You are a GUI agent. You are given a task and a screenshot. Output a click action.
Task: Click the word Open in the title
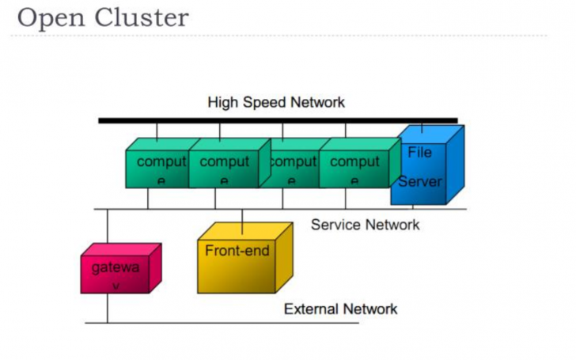49,17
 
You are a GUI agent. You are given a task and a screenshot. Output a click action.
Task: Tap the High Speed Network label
275,103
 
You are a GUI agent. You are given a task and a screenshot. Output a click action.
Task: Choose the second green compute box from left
223,167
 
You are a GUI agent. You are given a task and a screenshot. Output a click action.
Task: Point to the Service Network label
365,225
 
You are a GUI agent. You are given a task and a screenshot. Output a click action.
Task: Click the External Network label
340,309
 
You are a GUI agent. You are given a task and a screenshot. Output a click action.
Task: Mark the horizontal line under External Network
237,323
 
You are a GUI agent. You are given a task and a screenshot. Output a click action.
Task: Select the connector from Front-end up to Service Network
242,215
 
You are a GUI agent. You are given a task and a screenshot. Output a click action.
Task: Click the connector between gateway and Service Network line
108,229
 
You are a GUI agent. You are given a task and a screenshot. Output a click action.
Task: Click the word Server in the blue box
419,181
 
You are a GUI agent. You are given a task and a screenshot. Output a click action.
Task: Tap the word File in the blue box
419,153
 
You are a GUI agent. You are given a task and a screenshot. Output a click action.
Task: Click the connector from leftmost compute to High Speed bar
157,131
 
